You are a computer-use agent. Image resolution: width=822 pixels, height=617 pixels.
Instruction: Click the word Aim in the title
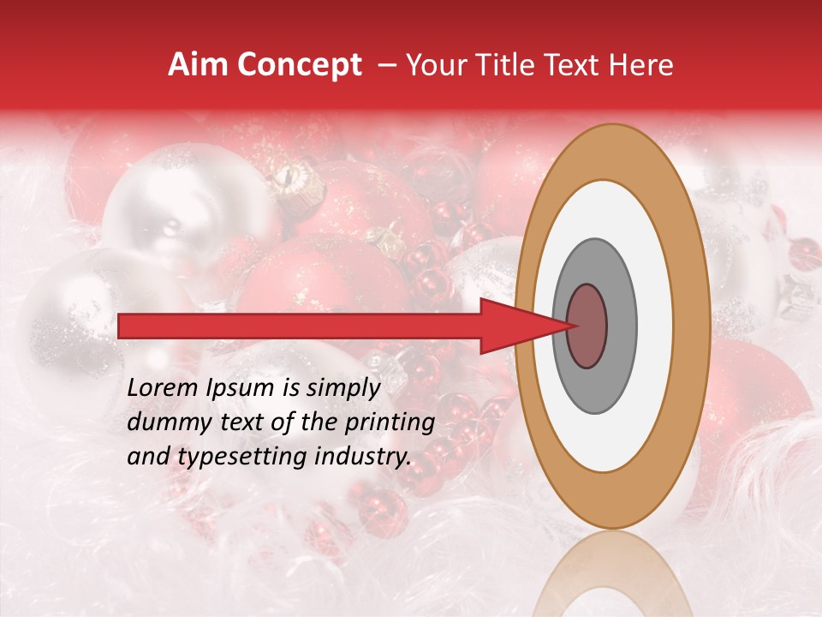198,65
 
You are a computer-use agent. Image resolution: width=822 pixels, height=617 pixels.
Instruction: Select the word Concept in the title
298,66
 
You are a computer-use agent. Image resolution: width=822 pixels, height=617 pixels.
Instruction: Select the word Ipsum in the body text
242,388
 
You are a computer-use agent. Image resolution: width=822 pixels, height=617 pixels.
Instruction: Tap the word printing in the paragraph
390,422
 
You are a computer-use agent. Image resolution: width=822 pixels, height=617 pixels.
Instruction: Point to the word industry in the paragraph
362,457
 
